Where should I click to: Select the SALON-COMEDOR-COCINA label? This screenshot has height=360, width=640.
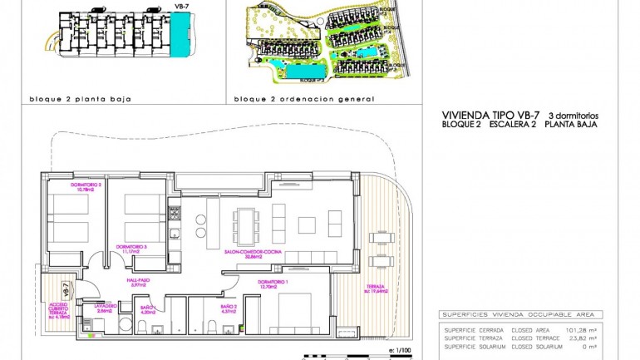[x=244, y=254]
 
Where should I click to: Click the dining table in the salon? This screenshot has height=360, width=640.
[x=246, y=224]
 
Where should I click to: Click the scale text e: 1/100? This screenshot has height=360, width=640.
[x=399, y=353]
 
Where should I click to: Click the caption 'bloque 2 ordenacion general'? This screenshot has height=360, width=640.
[x=304, y=98]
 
